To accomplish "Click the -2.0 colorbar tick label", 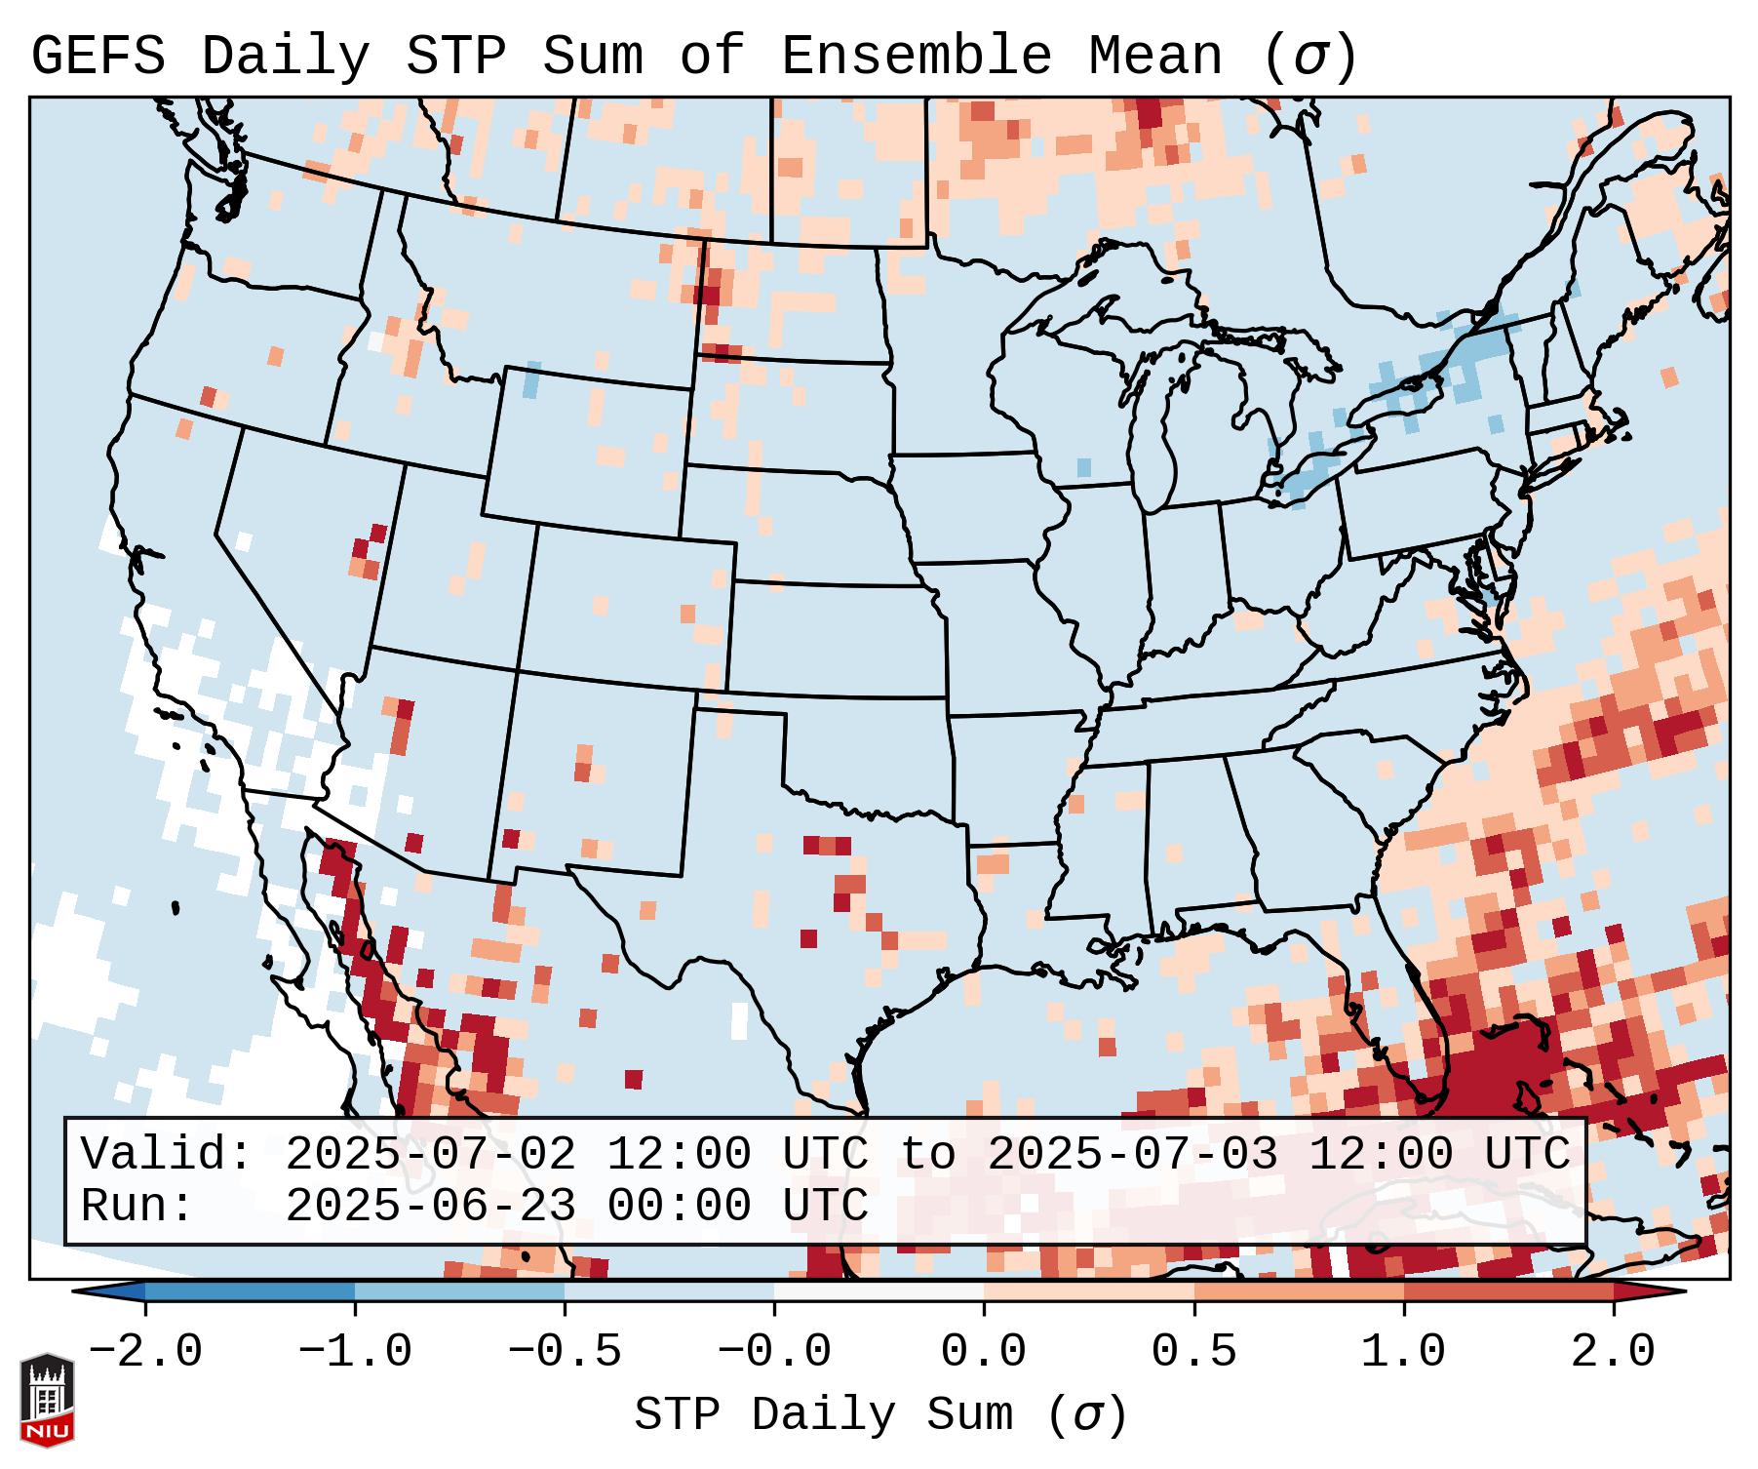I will (x=145, y=1352).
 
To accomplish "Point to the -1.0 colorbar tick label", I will (x=355, y=1352).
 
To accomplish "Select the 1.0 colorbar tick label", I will (x=1403, y=1352).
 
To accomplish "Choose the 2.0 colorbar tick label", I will (x=1614, y=1352).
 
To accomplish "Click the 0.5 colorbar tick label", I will (x=1193, y=1352).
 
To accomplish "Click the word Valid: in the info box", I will (x=167, y=1155).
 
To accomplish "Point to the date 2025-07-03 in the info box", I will (x=1132, y=1155).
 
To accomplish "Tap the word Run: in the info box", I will (x=137, y=1207).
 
